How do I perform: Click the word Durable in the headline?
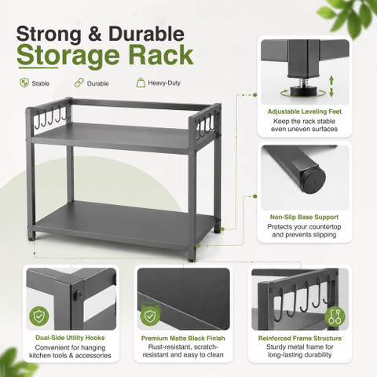tap(146, 34)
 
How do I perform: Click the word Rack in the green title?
tap(161, 55)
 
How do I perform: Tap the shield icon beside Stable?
tap(24, 83)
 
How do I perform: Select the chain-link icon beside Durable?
tap(79, 83)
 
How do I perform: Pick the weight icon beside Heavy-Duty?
tap(141, 82)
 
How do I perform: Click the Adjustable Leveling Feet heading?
tap(305, 112)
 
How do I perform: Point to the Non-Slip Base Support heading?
tap(304, 217)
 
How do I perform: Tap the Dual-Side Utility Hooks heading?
tap(70, 338)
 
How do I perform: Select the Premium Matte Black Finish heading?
tap(183, 339)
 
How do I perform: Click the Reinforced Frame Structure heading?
tap(300, 339)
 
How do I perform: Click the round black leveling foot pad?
tap(304, 92)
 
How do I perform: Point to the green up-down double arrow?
tap(331, 86)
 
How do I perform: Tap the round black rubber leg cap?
tap(313, 179)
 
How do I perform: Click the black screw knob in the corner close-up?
tap(78, 295)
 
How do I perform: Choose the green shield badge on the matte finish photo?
tap(149, 315)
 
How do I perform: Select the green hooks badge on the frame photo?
tap(335, 317)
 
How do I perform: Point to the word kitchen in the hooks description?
tap(40, 356)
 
